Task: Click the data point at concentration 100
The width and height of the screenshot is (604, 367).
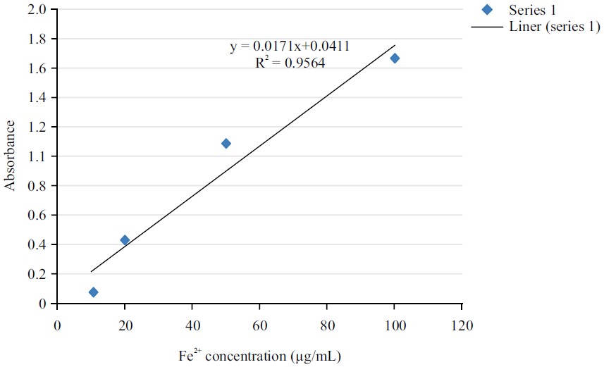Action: pos(395,58)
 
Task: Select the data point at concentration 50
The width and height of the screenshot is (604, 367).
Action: pos(226,143)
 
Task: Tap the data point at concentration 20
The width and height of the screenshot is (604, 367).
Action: pos(125,240)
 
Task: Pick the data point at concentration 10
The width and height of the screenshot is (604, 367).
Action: pos(93,292)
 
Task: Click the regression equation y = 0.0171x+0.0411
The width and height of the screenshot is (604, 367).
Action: pos(290,47)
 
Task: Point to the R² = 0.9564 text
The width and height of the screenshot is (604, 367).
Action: pos(290,63)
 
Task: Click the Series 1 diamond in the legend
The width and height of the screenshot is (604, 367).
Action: pos(485,10)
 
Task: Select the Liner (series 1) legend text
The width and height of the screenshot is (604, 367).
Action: pos(553,27)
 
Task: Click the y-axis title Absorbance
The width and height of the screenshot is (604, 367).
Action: pos(11,156)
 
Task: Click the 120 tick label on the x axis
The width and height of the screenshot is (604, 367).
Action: pos(462,326)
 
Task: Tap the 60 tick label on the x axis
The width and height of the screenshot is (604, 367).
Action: pos(259,326)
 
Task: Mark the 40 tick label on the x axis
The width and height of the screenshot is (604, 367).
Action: pos(192,326)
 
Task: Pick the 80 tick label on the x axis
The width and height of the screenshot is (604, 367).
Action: pos(327,326)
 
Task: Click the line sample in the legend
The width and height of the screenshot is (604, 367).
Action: pos(485,27)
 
